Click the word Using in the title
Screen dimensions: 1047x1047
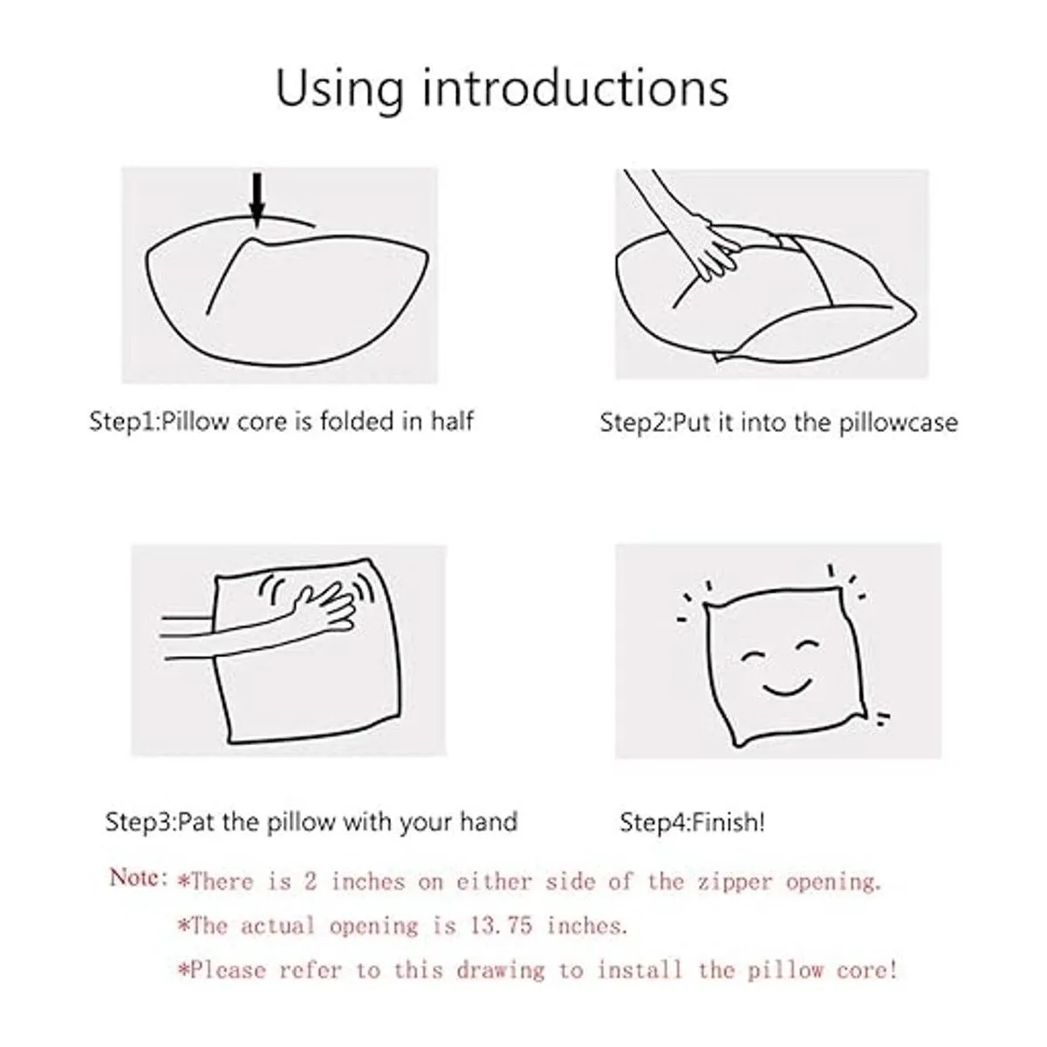coord(340,90)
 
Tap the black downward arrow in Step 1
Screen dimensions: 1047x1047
coord(257,200)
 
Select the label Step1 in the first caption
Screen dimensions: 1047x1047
coord(123,422)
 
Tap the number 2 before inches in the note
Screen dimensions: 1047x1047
coord(311,881)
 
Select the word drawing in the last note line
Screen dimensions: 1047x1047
coord(501,970)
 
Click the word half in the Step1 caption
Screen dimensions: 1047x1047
coord(453,421)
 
